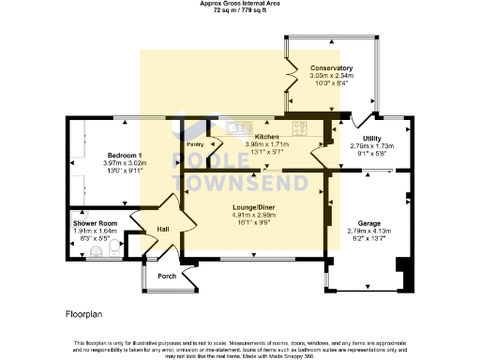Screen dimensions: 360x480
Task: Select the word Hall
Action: coord(163,229)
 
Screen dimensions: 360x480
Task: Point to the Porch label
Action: coord(167,276)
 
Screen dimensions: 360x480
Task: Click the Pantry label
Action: coord(194,144)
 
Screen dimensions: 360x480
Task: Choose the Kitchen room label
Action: coord(267,136)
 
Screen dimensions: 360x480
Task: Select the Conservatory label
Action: coord(331,68)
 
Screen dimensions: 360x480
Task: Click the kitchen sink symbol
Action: coord(235,126)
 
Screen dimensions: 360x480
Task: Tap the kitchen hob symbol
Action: coord(302,127)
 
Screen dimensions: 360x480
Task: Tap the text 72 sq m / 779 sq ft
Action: coord(241,11)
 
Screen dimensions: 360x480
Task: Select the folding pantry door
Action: coord(213,147)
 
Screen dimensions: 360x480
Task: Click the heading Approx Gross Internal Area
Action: coord(241,4)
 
